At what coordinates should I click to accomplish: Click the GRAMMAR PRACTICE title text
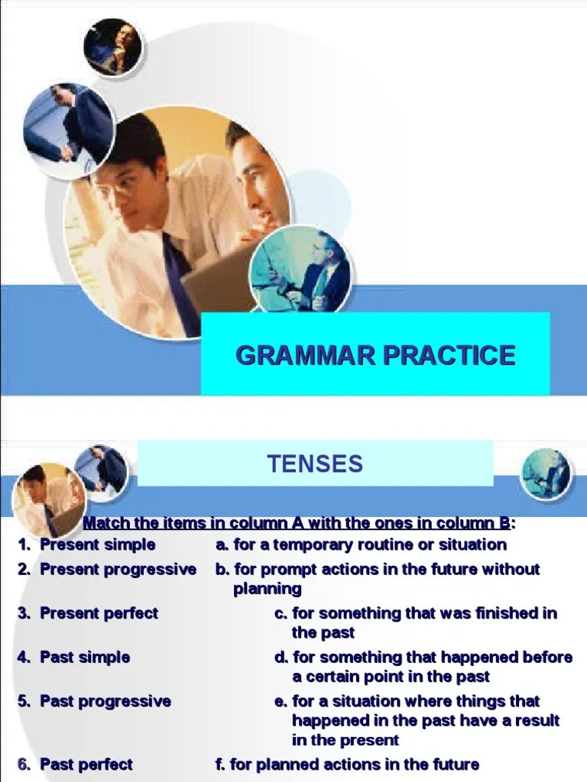click(x=375, y=355)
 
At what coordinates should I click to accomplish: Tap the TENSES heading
click(x=315, y=464)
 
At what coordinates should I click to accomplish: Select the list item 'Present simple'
click(x=97, y=544)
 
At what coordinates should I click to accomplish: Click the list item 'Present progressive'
click(x=118, y=569)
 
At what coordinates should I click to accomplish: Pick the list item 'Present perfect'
click(x=99, y=613)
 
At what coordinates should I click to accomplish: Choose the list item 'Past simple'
click(x=85, y=657)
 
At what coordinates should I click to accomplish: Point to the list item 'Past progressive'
click(x=105, y=701)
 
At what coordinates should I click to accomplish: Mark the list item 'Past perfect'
click(x=86, y=764)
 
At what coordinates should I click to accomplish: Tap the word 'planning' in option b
click(x=268, y=589)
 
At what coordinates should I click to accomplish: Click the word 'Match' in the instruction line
click(x=105, y=523)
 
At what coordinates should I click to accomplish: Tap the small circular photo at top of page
click(x=112, y=47)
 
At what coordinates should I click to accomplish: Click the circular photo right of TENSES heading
click(x=546, y=473)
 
